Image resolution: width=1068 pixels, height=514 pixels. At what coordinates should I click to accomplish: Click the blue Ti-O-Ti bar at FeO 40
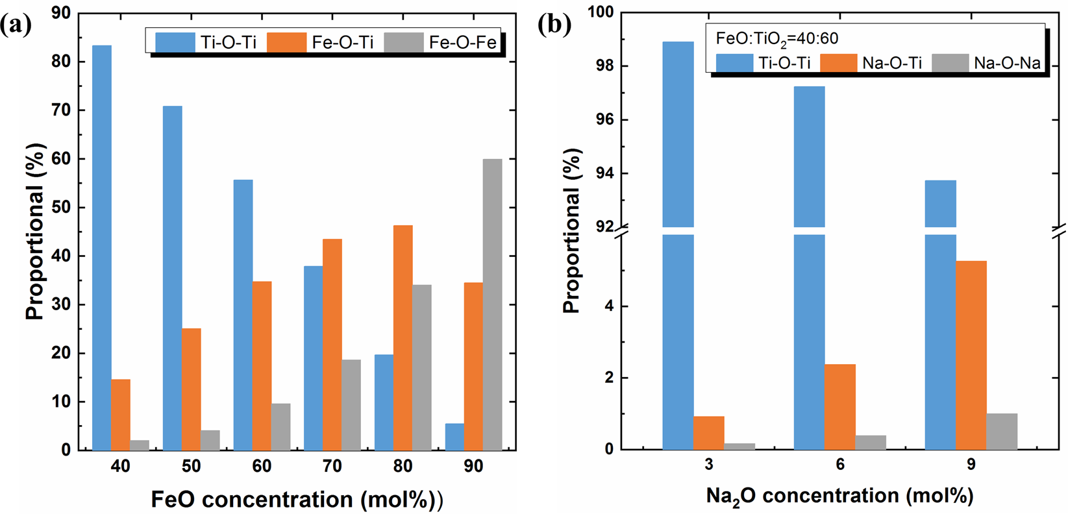point(102,247)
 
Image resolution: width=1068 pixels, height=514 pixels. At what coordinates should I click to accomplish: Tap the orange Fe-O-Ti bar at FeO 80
point(403,337)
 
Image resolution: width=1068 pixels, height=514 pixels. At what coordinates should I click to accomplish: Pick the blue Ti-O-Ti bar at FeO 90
point(454,437)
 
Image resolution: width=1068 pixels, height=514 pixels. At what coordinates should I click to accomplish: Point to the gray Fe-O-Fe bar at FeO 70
point(351,405)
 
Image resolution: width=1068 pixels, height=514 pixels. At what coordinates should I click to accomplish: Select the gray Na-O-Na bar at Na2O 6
point(871,443)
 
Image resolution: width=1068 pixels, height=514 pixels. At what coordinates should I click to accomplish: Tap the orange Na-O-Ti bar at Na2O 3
point(708,433)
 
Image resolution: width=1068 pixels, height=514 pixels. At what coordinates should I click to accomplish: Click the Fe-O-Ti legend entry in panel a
point(321,43)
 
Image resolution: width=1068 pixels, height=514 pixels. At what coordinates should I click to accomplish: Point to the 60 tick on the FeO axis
point(262,466)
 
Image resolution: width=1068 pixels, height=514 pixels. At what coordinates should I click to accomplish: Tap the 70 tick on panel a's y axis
point(63,110)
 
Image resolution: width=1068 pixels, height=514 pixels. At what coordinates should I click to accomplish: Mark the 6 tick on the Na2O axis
point(840,465)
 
